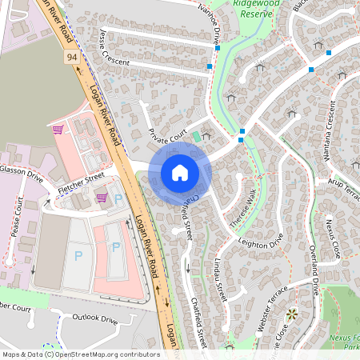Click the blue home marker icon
point(180,172)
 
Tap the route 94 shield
point(71,58)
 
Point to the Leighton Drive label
point(262,239)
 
